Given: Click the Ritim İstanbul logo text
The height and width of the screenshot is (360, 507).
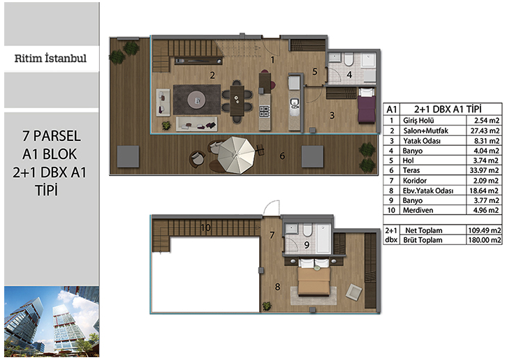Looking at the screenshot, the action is coord(50,59).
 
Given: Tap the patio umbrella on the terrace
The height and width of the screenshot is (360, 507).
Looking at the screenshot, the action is coord(236,155).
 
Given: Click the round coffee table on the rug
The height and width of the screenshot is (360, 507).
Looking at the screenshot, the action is coord(196,100).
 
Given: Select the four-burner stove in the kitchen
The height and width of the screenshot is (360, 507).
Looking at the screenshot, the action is coord(264,111).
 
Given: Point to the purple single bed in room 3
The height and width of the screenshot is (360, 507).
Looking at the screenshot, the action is coord(367,105).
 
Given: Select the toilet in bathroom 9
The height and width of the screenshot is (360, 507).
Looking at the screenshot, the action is coord(307,230).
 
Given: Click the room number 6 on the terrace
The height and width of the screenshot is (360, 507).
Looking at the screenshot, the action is coord(282,156).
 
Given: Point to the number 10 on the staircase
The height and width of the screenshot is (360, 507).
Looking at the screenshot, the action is coord(205,228).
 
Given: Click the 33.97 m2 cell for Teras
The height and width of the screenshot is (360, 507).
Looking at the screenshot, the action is coord(484,170).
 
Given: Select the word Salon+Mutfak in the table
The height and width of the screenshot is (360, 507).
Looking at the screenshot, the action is coord(425,131).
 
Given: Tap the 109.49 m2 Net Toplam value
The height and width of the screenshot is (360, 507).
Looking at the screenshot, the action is coord(485,230).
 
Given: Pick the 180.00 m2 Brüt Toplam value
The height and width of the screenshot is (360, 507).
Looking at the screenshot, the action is coord(485,240).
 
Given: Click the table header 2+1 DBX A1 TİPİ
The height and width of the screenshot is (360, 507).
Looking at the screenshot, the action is coord(448,110).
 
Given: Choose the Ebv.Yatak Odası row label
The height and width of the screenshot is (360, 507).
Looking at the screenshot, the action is coord(428,190).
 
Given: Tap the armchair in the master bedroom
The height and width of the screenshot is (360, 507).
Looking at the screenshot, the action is coord(354,292).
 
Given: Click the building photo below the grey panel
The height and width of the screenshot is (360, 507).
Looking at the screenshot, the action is coord(52,322).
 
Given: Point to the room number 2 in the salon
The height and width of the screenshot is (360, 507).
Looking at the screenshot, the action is coord(212,75).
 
